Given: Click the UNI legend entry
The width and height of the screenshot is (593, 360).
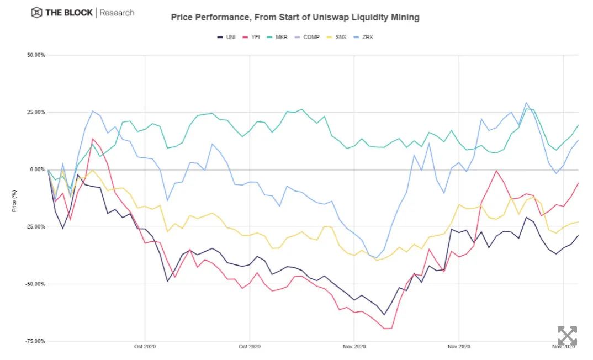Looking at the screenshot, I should [x=226, y=37].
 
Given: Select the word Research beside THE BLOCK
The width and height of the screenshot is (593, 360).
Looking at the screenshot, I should [x=117, y=12].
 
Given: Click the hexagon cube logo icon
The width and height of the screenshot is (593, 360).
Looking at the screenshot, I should [x=37, y=12].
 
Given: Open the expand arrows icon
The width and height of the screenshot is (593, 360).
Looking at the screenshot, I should [x=566, y=336].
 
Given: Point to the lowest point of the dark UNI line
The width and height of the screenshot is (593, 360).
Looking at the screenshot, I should [x=384, y=315].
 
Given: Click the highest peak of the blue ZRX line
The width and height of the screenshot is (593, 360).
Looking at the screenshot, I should [x=526, y=103].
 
